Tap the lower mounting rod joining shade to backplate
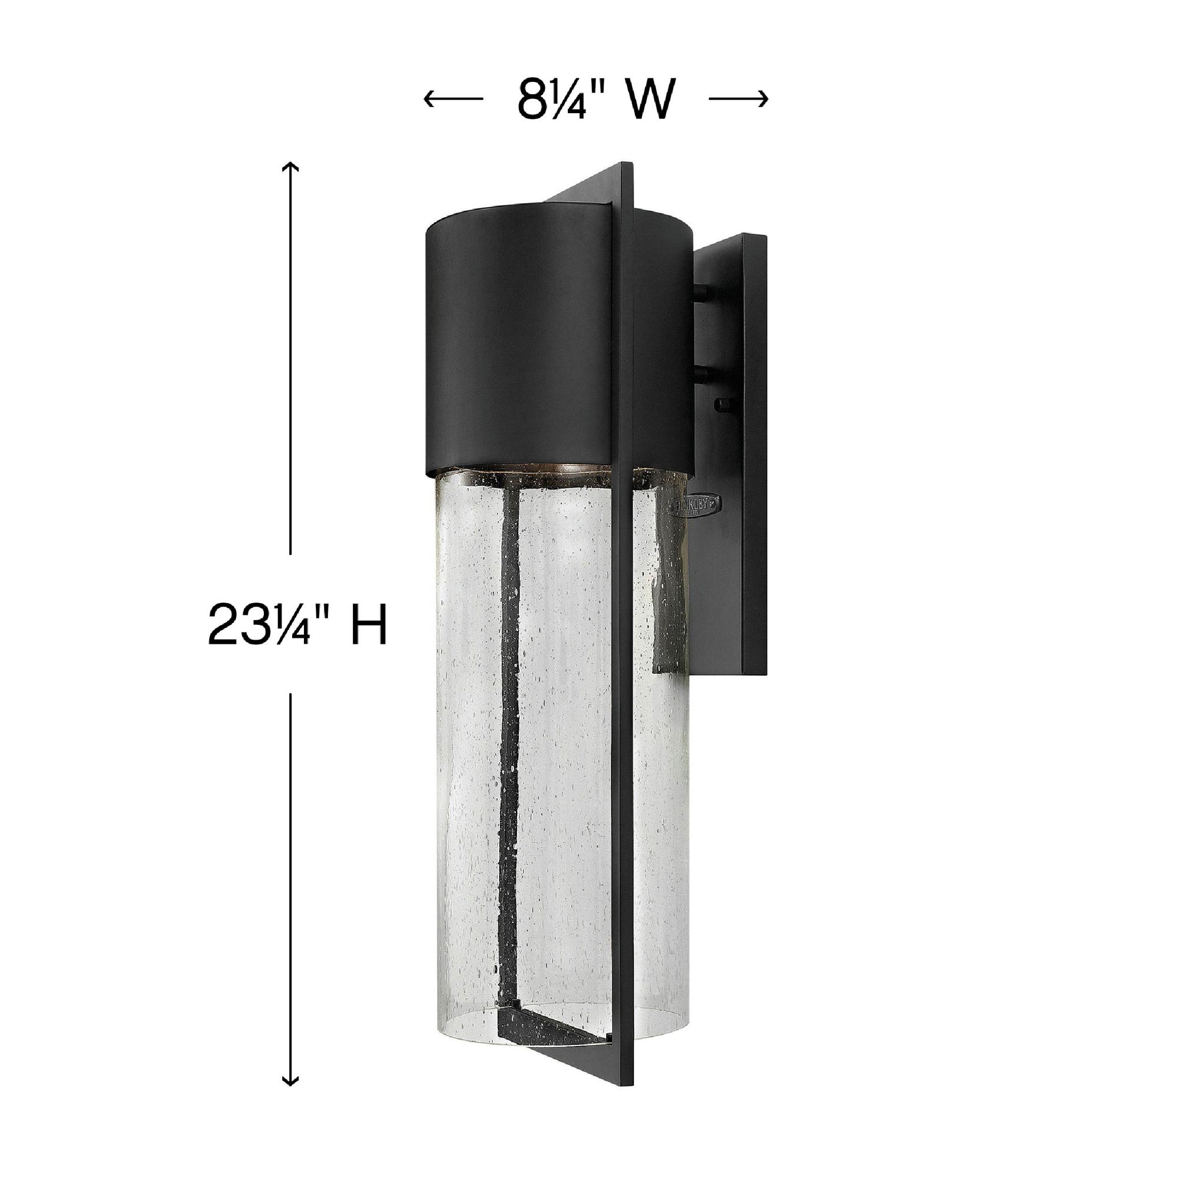click(704, 372)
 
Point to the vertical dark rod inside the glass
click(509, 701)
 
